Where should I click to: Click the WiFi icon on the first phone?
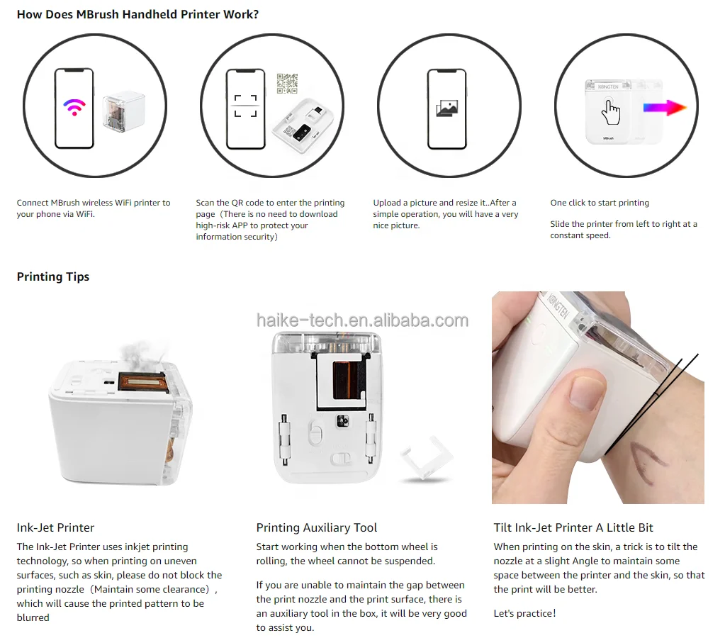tap(74, 107)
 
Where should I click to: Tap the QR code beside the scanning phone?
tap(287, 83)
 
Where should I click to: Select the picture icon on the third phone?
tap(447, 108)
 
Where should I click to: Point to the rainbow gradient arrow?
tap(665, 108)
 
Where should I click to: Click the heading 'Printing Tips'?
tap(53, 276)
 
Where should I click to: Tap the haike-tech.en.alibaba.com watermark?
tap(363, 320)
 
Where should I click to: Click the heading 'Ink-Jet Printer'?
tap(55, 527)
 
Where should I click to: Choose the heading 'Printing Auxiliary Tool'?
tap(317, 527)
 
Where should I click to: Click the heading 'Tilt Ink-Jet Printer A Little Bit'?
tap(573, 527)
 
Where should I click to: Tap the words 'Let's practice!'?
tap(524, 613)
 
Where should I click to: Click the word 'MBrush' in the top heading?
tap(98, 14)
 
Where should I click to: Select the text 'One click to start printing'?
tap(600, 203)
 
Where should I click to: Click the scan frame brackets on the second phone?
tap(245, 106)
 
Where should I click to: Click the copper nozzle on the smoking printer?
tap(142, 382)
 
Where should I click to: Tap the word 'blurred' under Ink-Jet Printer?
tap(33, 617)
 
